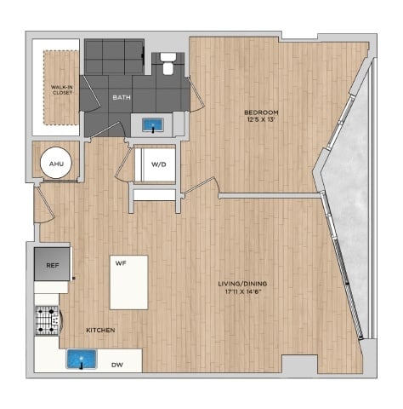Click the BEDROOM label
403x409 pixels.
tap(261, 112)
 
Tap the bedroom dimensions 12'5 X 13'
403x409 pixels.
tap(261, 119)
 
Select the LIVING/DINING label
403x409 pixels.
tap(242, 284)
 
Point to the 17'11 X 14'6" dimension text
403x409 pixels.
tap(240, 291)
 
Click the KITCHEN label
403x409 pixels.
tap(100, 330)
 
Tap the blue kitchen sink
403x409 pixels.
tap(82, 359)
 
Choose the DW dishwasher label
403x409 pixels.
tap(117, 365)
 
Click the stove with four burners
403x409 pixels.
tap(47, 320)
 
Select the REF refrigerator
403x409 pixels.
tap(52, 264)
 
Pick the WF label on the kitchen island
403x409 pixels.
tap(121, 263)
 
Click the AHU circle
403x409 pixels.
tap(56, 163)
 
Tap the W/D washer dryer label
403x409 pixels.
tap(158, 164)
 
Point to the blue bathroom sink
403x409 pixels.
tap(153, 125)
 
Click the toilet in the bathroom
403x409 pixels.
tap(168, 64)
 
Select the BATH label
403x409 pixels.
tap(122, 97)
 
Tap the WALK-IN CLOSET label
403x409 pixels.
tap(62, 89)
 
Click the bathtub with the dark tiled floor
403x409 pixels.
tap(115, 57)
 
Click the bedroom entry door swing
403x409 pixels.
tap(201, 186)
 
